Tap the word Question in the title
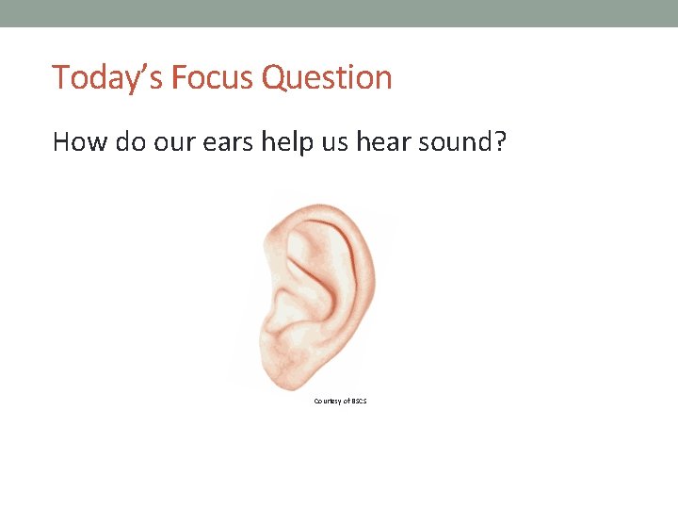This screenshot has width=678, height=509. (328, 77)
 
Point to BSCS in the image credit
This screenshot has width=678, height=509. (358, 402)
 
